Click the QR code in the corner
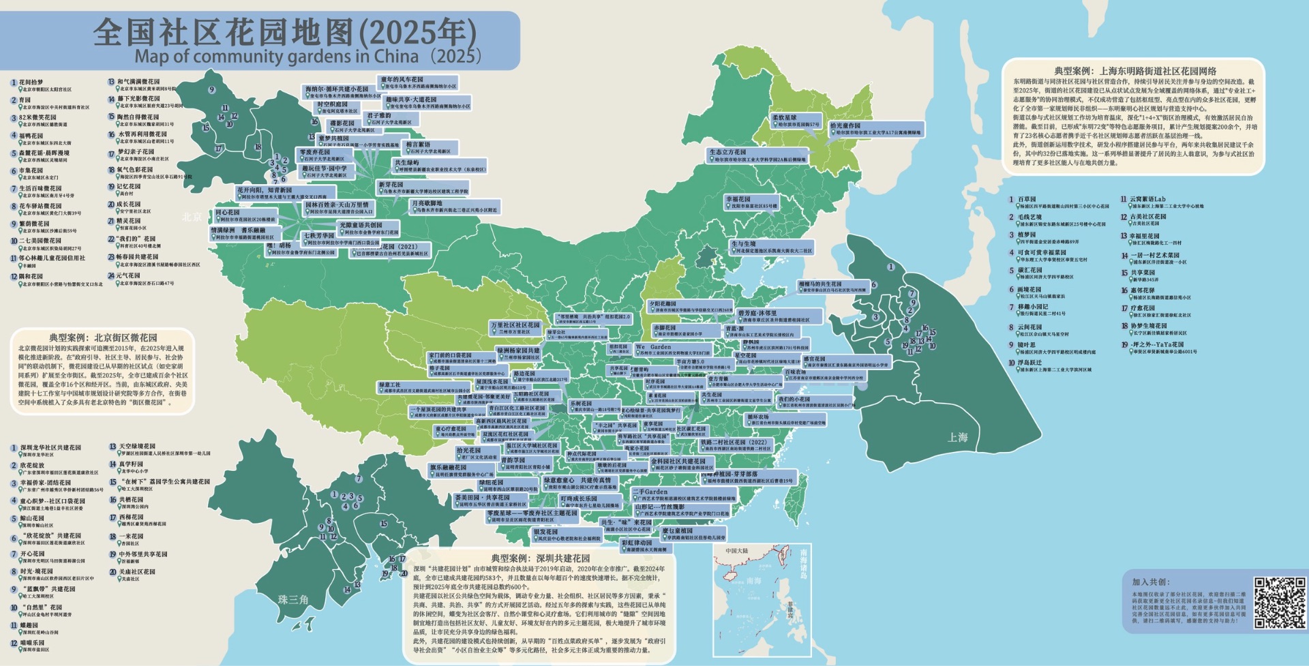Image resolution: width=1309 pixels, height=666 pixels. click(x=1280, y=603)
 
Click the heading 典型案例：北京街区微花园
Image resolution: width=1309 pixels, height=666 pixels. click(x=102, y=337)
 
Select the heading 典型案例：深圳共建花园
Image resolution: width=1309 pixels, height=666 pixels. click(x=540, y=558)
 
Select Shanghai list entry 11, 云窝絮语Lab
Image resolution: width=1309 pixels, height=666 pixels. click(x=1147, y=200)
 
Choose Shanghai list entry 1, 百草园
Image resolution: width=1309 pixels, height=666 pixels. click(x=1026, y=200)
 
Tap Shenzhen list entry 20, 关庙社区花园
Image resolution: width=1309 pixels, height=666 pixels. click(x=137, y=572)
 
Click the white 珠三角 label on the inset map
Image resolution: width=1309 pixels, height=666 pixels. click(x=293, y=599)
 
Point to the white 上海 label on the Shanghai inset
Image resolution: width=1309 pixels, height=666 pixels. click(x=957, y=437)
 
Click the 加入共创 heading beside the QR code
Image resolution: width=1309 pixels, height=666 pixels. click(x=1152, y=581)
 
